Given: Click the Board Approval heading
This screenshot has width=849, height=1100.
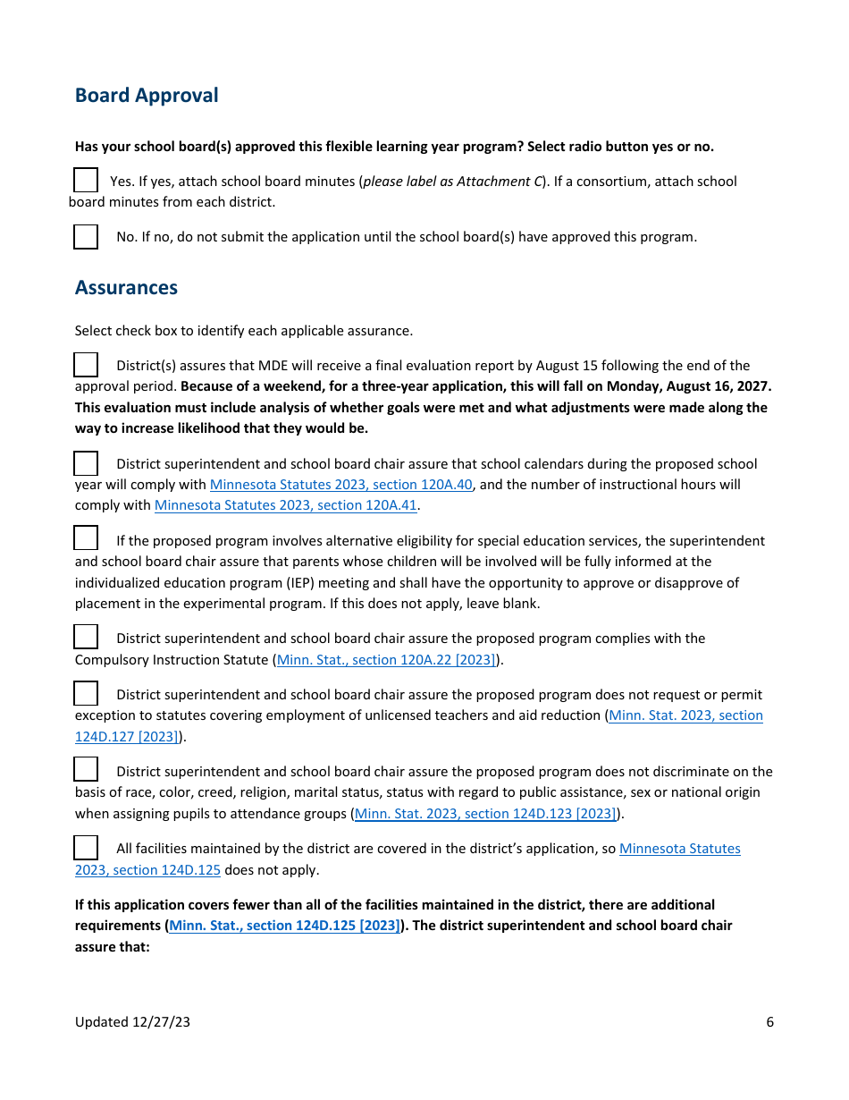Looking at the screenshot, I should [147, 96].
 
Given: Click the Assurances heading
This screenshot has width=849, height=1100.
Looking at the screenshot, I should [126, 288].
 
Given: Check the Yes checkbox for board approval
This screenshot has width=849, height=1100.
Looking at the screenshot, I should [86, 181].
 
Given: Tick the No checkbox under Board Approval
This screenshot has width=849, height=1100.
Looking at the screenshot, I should [86, 237].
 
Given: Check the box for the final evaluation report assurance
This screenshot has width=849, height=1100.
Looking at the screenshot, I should [86, 365].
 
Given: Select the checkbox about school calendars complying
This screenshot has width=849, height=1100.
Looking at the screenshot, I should [86, 463].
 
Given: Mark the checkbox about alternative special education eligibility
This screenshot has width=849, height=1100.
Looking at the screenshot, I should [86, 538].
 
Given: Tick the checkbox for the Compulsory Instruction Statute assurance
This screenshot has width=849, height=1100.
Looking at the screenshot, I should [86, 637].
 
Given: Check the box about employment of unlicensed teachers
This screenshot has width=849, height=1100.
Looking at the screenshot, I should [86, 693].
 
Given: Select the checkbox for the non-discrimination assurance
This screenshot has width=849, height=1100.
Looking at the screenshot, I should [86, 769].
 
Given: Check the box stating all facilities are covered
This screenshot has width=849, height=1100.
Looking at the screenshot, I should [86, 847].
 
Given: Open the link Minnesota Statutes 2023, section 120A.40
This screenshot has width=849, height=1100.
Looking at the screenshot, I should [340, 485].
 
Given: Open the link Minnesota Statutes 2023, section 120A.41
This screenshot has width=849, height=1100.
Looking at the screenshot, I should [286, 505].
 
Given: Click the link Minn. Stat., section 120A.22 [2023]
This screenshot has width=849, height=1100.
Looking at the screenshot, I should [386, 660].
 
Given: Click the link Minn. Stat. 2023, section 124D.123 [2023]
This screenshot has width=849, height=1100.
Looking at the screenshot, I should [485, 814].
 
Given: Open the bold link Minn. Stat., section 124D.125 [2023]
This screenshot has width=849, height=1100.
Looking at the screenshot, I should [284, 926].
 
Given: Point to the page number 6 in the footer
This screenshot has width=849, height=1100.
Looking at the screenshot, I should [769, 1022].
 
